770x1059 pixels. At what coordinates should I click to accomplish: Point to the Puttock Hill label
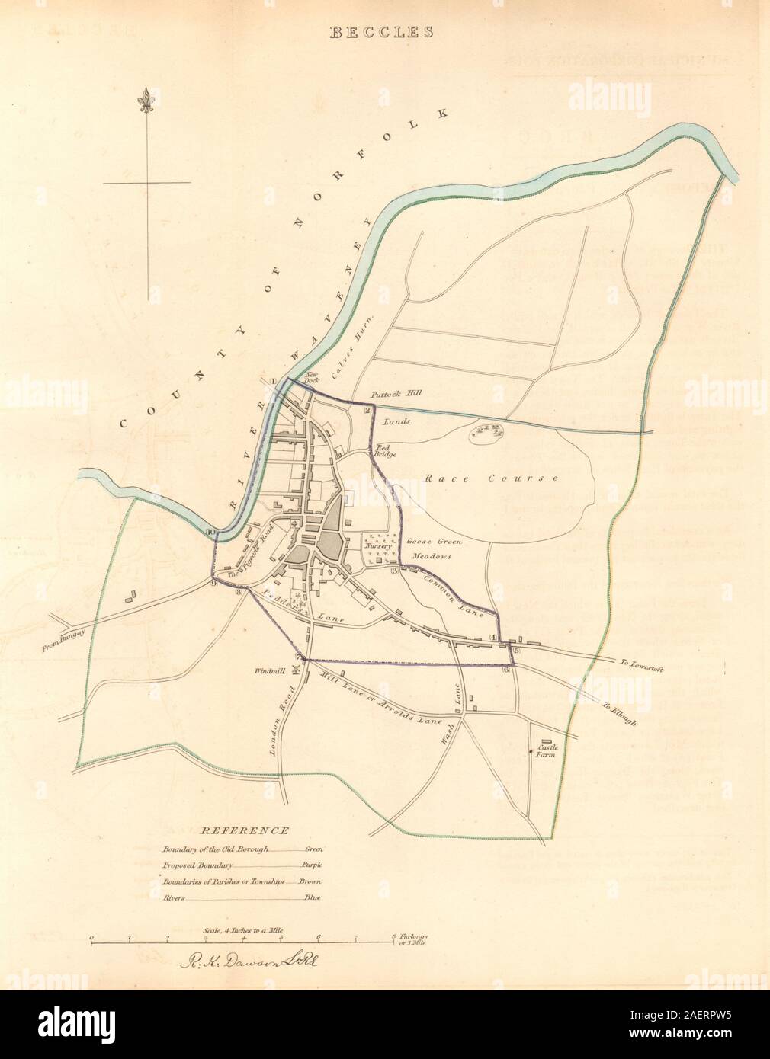396,394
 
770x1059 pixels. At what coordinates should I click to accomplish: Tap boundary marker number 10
210,533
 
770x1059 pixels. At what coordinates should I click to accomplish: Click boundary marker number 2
367,411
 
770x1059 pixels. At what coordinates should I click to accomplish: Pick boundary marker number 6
506,669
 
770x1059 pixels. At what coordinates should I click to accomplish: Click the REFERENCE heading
245,831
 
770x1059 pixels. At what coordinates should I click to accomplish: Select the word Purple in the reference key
312,865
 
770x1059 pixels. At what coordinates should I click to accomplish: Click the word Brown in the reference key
310,881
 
